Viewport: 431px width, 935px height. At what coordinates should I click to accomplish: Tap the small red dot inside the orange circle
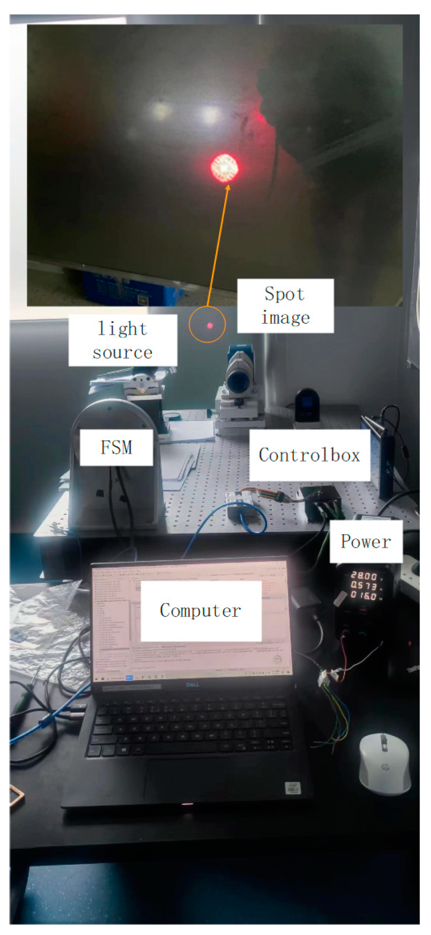(x=210, y=325)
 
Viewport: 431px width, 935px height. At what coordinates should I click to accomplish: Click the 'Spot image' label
(x=285, y=306)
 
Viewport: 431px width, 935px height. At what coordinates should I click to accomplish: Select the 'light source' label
(x=123, y=340)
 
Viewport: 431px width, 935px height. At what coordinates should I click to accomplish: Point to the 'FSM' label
(x=116, y=447)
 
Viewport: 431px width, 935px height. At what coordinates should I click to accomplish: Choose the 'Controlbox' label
(x=309, y=455)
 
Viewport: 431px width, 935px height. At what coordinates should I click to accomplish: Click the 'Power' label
(x=366, y=541)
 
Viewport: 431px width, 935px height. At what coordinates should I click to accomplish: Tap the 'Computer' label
(x=201, y=611)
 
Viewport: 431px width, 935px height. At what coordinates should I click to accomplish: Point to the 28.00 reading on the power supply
(x=363, y=576)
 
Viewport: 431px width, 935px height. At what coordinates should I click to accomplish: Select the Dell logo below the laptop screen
(x=193, y=685)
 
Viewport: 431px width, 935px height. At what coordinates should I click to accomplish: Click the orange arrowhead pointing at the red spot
(x=227, y=188)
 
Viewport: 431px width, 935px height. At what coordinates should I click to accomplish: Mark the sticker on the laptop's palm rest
(x=293, y=788)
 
